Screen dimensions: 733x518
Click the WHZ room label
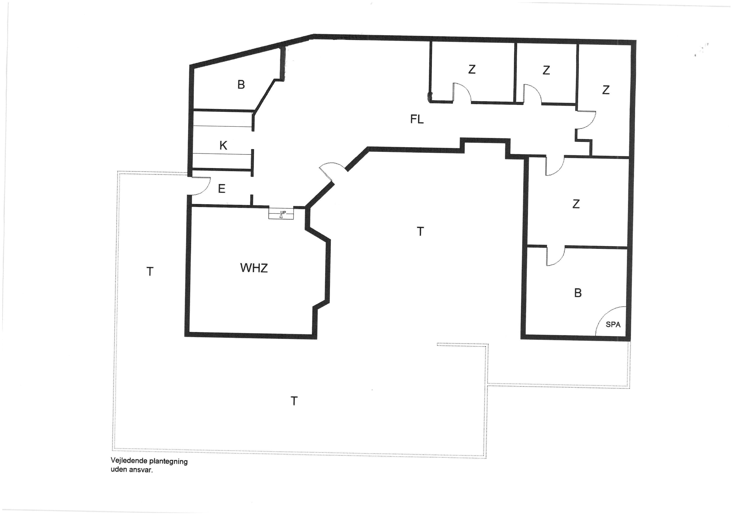[254, 268]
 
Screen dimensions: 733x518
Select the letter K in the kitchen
[223, 145]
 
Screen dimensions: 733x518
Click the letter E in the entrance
[222, 189]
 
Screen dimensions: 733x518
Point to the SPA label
[613, 324]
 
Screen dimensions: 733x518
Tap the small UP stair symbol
[281, 214]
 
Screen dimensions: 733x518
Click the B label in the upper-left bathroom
[241, 85]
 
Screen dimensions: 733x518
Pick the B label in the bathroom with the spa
[577, 293]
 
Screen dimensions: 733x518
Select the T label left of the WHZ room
[150, 272]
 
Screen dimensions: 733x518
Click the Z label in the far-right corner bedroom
[606, 90]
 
